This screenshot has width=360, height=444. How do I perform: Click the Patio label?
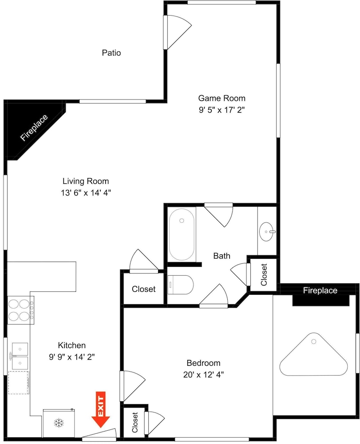111,53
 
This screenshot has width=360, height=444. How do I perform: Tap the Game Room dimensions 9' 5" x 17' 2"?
222,110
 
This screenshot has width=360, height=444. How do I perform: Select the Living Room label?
86,181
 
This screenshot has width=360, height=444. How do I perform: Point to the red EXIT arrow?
100,409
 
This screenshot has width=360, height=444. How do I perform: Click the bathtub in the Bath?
182,234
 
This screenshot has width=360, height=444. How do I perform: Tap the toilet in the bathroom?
180,285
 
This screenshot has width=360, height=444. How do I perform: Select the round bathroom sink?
267,232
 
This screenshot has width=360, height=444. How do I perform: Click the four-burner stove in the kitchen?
21,310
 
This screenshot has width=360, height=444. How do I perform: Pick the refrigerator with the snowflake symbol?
59,423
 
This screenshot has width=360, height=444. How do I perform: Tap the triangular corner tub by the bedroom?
313,354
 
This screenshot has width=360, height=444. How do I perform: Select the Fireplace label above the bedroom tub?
320,290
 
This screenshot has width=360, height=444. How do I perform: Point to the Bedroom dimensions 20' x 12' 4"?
203,375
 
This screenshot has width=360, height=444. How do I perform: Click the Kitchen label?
71,345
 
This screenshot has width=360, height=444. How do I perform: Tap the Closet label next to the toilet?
143,289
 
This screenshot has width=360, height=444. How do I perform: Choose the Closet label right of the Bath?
264,275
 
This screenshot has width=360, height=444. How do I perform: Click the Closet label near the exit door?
135,423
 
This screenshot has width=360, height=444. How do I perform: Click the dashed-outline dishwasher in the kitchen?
18,382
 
